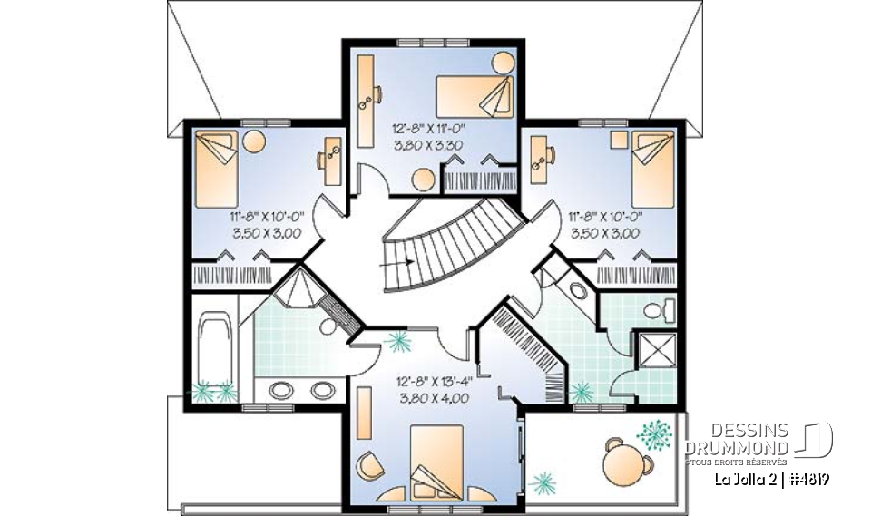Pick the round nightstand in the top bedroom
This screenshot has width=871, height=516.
point(501,63)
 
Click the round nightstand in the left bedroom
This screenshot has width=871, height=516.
point(255,142)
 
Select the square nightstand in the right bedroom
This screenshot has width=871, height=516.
point(619,139)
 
